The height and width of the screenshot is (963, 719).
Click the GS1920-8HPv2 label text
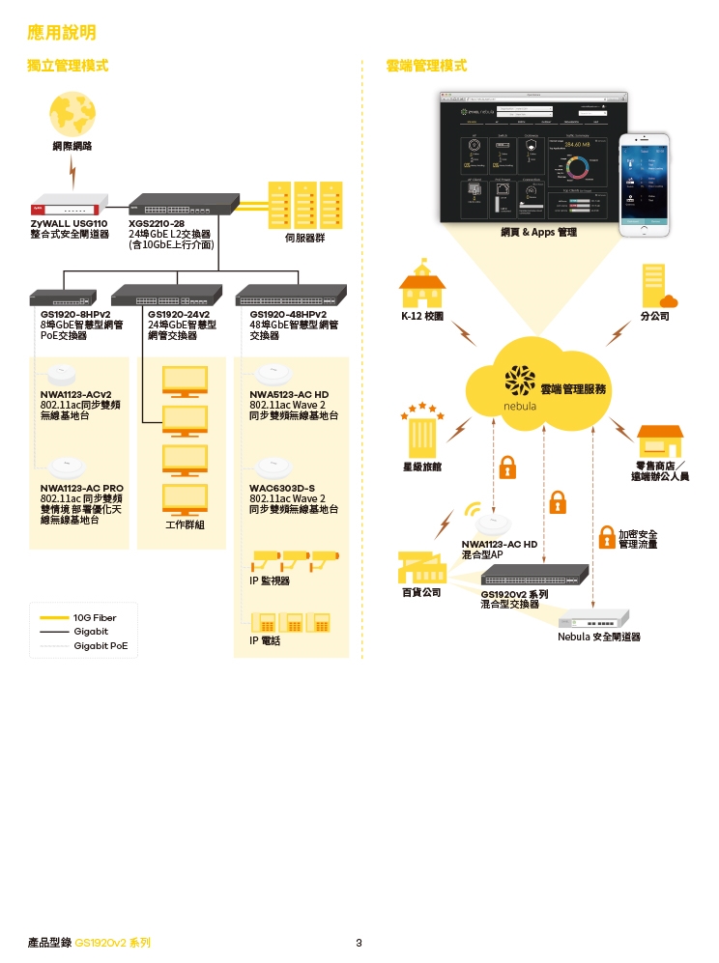(x=75, y=314)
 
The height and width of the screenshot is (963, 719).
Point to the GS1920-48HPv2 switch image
(x=290, y=295)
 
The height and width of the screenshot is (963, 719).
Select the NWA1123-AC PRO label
(x=82, y=488)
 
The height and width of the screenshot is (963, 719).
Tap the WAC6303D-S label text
(x=282, y=488)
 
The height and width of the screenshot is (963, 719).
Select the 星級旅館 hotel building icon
(x=421, y=430)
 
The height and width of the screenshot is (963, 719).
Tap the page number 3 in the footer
(x=359, y=943)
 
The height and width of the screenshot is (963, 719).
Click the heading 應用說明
(x=62, y=33)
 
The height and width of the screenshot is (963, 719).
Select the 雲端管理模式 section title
(x=425, y=66)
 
